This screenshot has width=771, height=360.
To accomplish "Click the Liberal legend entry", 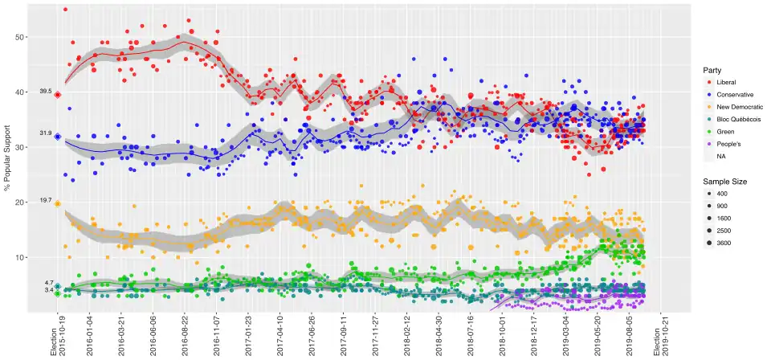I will (x=724, y=82).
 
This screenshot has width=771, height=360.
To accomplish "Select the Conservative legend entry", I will (x=732, y=95).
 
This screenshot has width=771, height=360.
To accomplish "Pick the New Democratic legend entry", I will (x=736, y=107).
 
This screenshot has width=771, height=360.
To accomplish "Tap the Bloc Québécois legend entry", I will (x=734, y=119).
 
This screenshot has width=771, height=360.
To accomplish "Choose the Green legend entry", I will (x=722, y=132).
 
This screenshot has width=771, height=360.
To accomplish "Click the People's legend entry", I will (x=725, y=144).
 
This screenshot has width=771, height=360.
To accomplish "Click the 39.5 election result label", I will (x=45, y=92).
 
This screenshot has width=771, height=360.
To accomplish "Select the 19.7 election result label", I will (x=45, y=204).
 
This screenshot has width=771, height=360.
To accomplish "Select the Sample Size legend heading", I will (x=724, y=182).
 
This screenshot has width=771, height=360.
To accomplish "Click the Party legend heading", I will (x=712, y=69).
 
